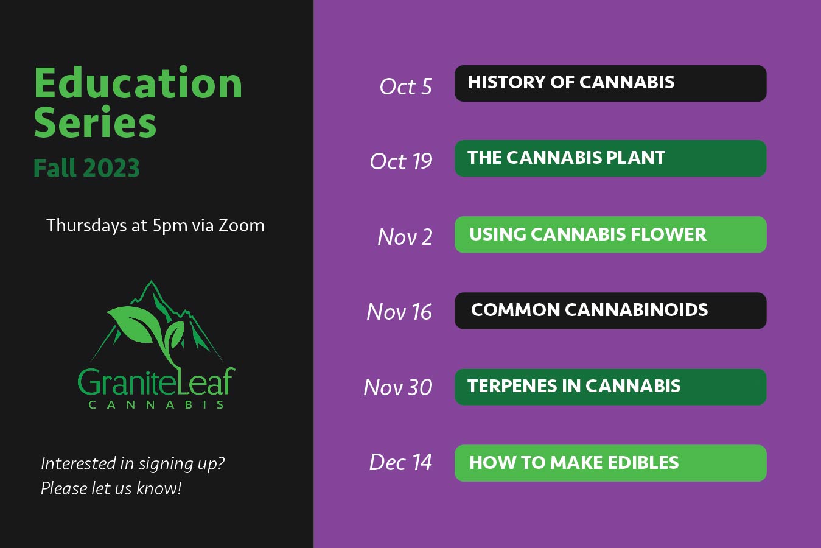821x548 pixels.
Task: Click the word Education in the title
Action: click(138, 83)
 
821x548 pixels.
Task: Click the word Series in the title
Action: click(95, 123)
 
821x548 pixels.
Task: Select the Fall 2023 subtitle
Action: click(86, 169)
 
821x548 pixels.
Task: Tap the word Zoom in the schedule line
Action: click(242, 225)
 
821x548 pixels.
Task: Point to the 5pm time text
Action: click(170, 226)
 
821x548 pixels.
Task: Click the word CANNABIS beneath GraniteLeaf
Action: click(156, 404)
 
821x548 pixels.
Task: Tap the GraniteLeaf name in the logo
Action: click(156, 382)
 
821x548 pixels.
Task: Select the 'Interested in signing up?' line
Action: click(133, 463)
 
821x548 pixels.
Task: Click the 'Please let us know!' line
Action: click(111, 488)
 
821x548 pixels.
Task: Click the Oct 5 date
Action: click(405, 86)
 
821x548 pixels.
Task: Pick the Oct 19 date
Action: click(400, 161)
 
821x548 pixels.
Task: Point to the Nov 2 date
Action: click(405, 237)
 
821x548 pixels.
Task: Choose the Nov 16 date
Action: click(399, 312)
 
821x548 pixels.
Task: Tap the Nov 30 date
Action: click(397, 387)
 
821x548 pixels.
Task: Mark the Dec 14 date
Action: click(400, 462)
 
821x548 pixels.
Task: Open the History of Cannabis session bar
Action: click(610, 83)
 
